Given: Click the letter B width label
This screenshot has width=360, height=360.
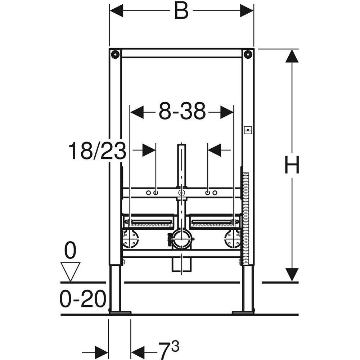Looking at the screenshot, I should (x=181, y=11).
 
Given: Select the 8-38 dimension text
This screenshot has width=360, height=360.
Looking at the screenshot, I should (x=182, y=112).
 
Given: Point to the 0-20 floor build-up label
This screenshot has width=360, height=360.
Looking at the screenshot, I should (x=82, y=299).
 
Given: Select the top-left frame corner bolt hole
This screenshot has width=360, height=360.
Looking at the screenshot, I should (x=115, y=54).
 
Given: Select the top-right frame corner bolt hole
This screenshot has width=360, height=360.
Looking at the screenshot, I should (x=248, y=54).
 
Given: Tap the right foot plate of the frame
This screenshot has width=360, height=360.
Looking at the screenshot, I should (x=243, y=312).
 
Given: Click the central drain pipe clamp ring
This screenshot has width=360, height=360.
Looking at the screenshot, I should (x=182, y=239).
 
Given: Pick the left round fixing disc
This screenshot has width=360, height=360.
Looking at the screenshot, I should (x=131, y=239).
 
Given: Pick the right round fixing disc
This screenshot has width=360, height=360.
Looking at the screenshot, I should (x=232, y=239).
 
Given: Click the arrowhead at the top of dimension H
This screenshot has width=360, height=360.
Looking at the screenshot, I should (x=292, y=56).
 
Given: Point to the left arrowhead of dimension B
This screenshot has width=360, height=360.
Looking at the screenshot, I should (x=117, y=11).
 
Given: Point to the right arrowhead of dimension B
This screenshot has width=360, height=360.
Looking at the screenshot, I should (x=247, y=11).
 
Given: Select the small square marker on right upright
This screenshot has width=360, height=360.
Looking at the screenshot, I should (x=248, y=130).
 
